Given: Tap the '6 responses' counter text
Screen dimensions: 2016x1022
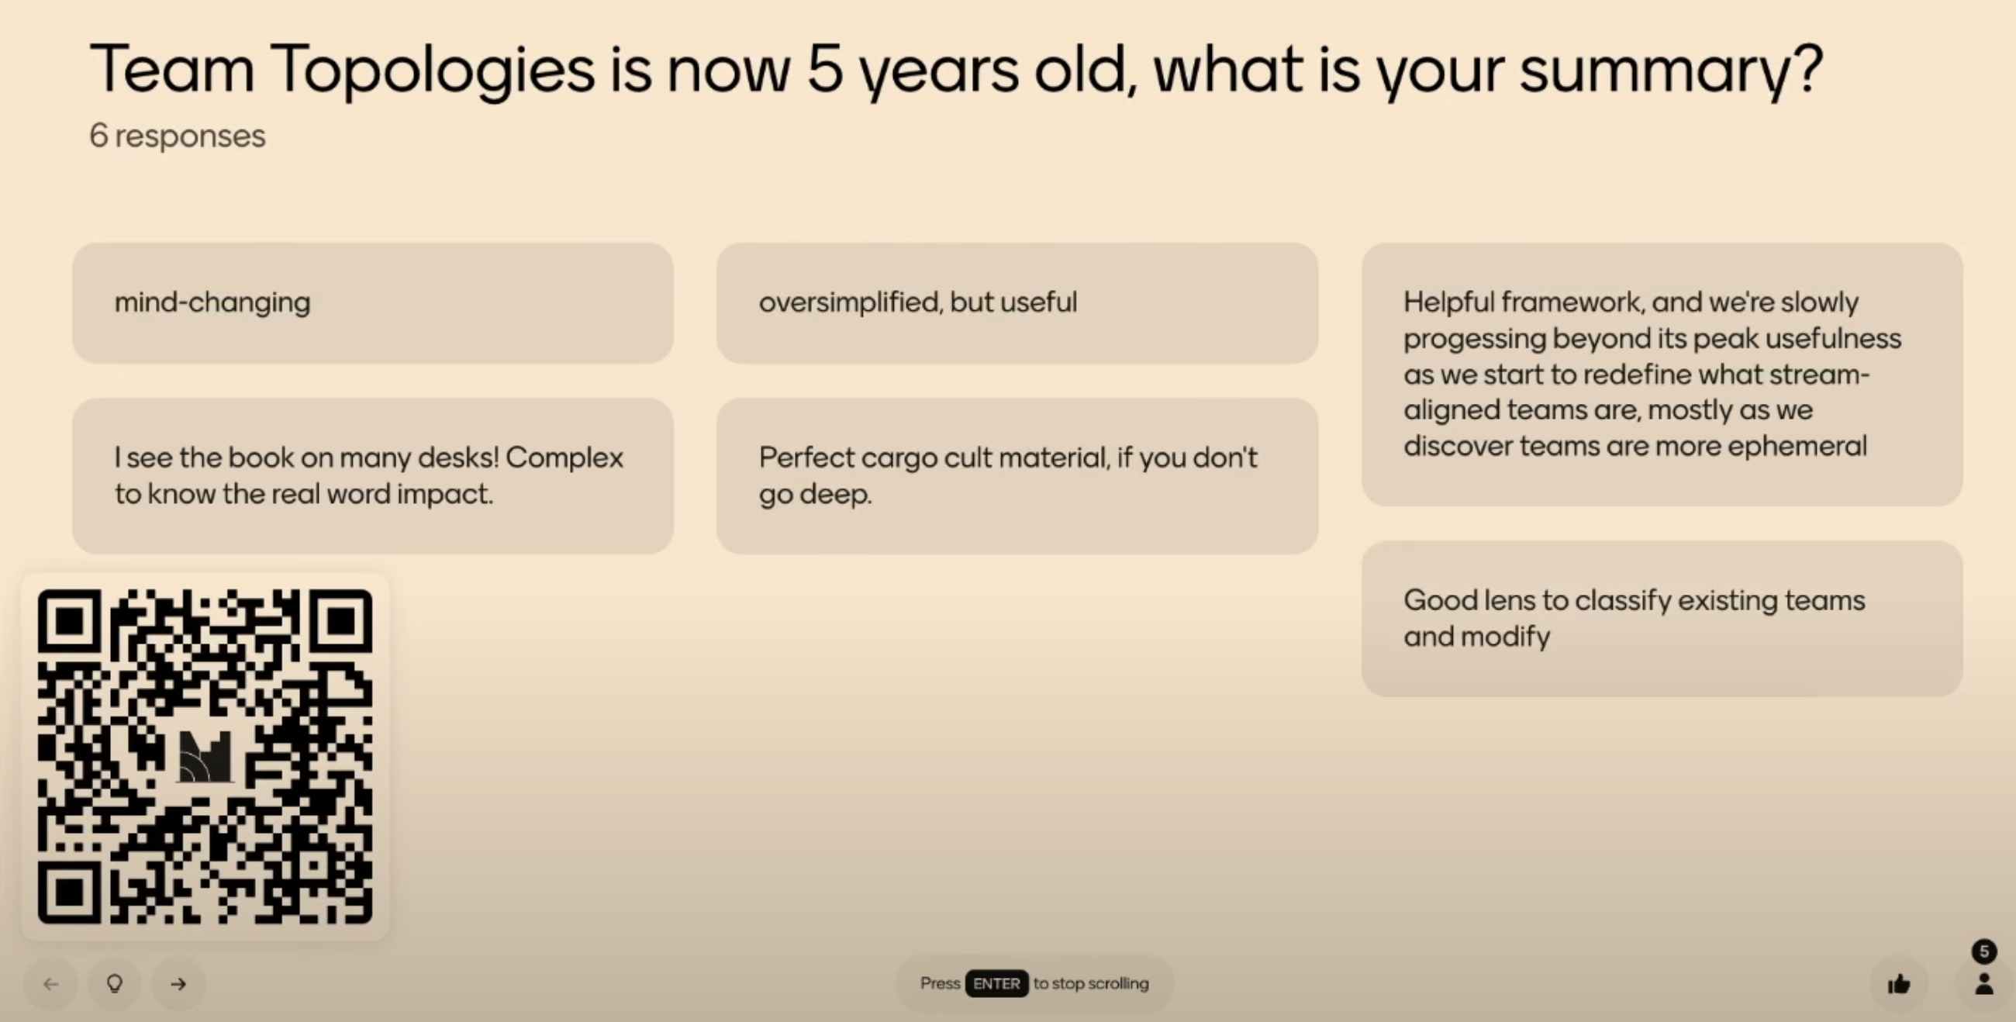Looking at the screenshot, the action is (x=178, y=136).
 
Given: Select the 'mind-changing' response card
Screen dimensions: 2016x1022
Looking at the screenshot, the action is (x=372, y=303).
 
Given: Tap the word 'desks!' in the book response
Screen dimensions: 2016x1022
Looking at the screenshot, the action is (x=458, y=457).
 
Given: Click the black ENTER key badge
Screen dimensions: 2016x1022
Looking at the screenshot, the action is (x=996, y=984).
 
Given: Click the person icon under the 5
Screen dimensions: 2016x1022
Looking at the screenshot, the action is (x=1984, y=985).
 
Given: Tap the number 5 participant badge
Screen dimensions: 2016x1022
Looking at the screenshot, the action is (x=1984, y=951).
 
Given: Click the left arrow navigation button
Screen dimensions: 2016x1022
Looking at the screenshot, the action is (x=51, y=984).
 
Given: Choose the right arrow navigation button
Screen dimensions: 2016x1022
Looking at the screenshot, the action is (x=178, y=984).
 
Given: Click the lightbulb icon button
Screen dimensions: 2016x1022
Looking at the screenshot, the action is (x=114, y=984).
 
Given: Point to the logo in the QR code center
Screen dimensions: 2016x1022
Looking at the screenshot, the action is (x=205, y=757).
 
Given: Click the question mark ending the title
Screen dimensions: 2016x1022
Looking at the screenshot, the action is (x=1811, y=69).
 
